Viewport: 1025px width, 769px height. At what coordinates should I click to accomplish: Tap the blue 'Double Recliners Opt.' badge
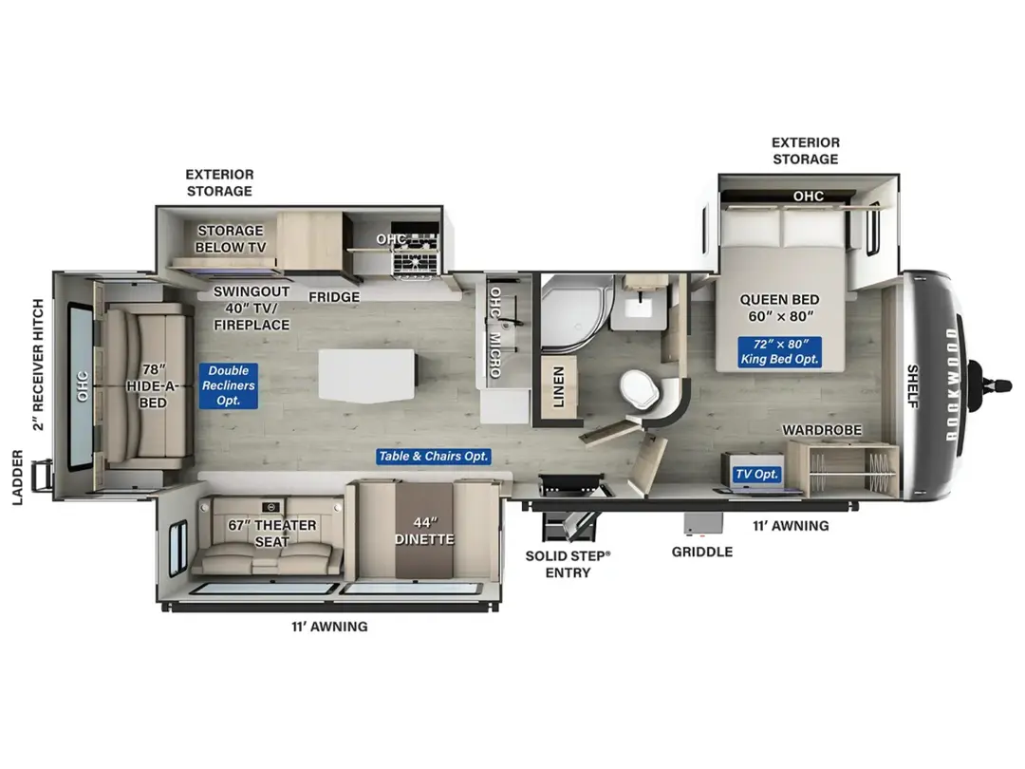pos(229,385)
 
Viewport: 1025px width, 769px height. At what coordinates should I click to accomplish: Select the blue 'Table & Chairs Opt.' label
pos(434,457)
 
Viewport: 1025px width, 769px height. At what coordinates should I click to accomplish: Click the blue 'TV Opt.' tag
pos(757,474)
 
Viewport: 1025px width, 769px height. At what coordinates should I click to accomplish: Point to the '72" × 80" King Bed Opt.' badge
pos(779,352)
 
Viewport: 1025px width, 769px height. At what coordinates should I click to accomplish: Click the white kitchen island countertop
pos(366,375)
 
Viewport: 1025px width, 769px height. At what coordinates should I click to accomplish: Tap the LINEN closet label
pos(558,387)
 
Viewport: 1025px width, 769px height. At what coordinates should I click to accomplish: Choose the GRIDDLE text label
pos(702,552)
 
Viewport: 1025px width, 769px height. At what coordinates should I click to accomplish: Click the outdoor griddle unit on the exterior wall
pos(703,523)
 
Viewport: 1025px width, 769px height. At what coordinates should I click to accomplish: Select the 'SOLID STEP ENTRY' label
pos(568,564)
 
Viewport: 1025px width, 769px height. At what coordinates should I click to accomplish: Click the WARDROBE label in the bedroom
pos(822,430)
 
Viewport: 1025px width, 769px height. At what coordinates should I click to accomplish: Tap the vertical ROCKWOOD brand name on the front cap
pos(951,384)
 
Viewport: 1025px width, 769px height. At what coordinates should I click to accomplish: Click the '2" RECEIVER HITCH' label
pos(39,365)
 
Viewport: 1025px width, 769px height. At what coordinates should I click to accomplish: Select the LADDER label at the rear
pos(18,478)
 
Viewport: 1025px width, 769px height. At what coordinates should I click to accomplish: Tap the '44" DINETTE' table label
pos(424,531)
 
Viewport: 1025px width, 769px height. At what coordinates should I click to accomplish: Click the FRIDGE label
pos(334,297)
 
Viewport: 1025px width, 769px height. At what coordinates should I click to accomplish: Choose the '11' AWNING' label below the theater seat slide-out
pos(329,627)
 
